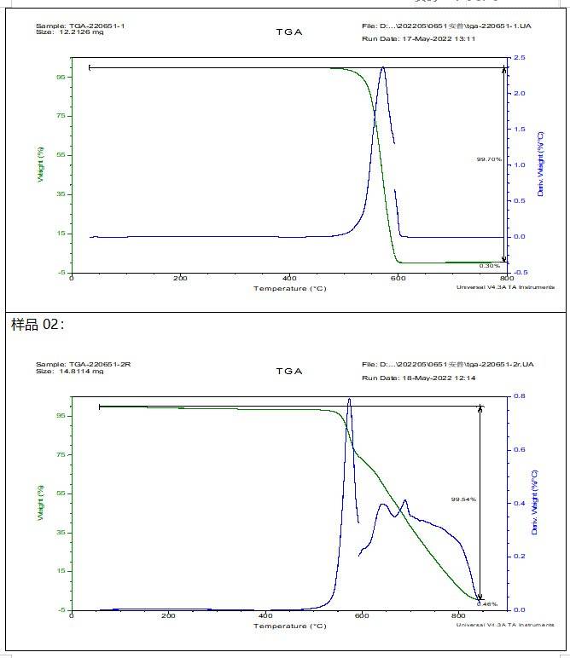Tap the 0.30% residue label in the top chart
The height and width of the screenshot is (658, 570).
[489, 265]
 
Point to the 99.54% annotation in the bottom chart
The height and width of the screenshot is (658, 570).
[463, 499]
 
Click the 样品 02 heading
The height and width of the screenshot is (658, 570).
[37, 325]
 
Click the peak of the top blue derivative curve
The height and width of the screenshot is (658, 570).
[383, 67]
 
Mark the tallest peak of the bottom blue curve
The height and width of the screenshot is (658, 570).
[349, 399]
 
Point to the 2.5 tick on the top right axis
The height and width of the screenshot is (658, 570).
[520, 58]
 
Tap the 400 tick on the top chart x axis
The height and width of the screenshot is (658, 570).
[289, 279]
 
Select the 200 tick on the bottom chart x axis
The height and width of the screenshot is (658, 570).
[168, 616]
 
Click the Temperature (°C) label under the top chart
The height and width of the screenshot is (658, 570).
[289, 289]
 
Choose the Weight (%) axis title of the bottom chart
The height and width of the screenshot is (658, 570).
[39, 504]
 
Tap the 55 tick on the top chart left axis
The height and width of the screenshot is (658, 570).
[61, 155]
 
